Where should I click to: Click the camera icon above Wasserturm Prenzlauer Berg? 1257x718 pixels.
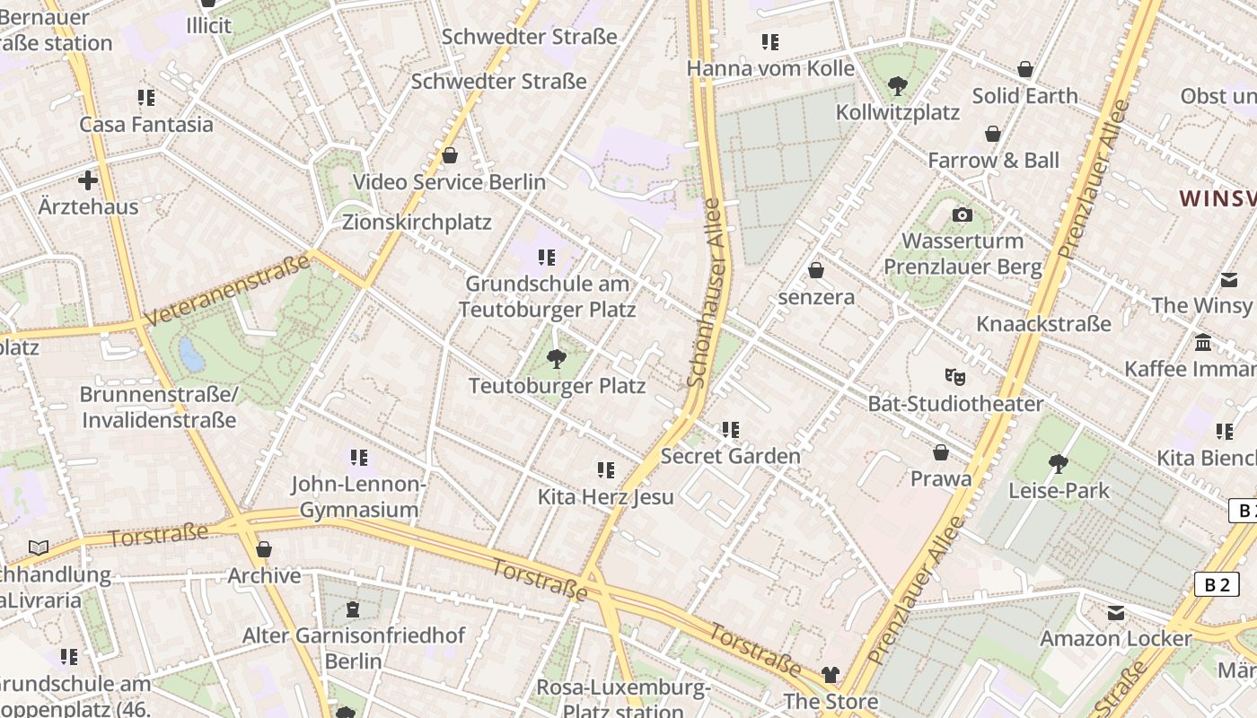point(962,215)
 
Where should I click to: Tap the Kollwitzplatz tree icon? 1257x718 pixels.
point(896,86)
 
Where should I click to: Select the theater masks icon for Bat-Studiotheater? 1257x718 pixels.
point(954,377)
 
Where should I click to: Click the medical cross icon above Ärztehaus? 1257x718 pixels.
point(88,180)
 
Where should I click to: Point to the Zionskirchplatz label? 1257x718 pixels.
point(417,222)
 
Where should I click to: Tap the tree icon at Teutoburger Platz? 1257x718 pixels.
point(557,359)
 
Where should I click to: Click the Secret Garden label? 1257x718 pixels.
point(730,456)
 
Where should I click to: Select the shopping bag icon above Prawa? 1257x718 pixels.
point(940,452)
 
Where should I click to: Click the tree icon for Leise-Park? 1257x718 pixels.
point(1058,464)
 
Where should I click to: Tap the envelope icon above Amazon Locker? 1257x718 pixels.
point(1115,613)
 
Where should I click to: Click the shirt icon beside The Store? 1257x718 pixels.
point(831,674)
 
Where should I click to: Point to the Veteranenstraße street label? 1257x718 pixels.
point(228,289)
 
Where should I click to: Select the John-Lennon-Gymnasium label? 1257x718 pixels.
point(358,497)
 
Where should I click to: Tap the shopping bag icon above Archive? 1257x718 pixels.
point(263,548)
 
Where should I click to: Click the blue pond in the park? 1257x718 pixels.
point(191,355)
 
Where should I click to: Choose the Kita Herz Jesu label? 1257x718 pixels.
point(605,496)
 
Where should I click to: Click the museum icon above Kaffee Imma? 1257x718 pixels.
point(1203,343)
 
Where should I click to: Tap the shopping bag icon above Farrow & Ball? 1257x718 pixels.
point(993,134)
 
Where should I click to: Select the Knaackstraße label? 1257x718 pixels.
point(1043,323)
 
